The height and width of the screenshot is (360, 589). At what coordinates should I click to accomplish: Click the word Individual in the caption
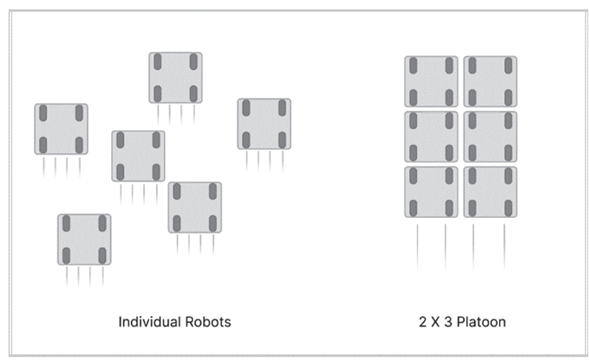(150, 322)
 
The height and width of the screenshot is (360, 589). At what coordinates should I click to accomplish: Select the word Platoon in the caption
(482, 322)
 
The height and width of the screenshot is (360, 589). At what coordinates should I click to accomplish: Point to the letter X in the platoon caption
(435, 322)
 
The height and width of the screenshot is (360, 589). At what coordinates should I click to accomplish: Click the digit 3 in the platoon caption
(448, 322)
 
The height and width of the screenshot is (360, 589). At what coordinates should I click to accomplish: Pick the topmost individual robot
(175, 78)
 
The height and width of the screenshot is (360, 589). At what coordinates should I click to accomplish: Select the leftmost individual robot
(61, 129)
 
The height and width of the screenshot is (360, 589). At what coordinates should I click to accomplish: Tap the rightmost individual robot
(264, 124)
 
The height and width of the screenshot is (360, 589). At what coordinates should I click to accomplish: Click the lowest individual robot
(84, 239)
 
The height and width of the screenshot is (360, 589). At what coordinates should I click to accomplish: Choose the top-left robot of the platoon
(431, 82)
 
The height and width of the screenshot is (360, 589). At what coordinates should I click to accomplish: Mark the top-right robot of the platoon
(490, 82)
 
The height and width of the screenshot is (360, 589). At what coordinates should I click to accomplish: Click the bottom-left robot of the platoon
(431, 192)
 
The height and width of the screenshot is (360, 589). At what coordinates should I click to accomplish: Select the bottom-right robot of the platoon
(490, 192)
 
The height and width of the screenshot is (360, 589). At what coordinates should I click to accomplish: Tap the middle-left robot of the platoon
(431, 137)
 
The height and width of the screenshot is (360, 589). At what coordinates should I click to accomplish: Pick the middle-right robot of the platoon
(490, 137)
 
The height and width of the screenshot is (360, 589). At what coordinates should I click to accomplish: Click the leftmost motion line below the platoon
(417, 247)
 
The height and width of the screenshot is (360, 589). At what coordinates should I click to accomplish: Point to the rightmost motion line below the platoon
(504, 247)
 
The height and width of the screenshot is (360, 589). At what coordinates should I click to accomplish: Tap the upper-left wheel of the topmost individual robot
(158, 62)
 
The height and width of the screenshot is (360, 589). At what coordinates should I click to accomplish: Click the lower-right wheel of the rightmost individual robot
(282, 140)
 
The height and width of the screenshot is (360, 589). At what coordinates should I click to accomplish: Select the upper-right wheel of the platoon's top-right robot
(508, 66)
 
